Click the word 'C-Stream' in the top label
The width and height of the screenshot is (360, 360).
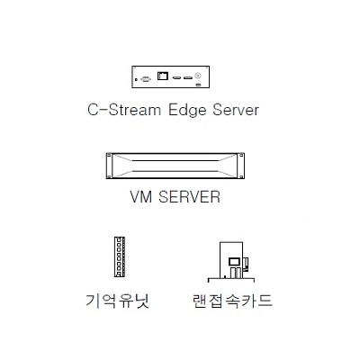[124, 110]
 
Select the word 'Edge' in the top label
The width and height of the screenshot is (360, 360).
[187, 111]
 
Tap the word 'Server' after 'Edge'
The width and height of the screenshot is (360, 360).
[236, 110]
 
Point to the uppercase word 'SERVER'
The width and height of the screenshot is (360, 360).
[189, 197]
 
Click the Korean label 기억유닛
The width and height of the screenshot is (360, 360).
[118, 301]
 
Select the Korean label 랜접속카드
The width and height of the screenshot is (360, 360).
[232, 301]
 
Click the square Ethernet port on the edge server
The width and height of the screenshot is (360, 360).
[163, 76]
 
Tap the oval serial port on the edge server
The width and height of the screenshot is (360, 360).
[146, 79]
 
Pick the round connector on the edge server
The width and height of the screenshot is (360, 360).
[198, 76]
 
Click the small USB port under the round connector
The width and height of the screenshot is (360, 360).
[198, 85]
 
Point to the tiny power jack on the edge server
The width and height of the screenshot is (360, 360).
[136, 79]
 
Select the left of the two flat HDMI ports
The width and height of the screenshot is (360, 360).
[176, 78]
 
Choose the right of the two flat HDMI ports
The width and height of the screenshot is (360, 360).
[188, 78]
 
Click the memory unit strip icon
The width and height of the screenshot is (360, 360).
[120, 256]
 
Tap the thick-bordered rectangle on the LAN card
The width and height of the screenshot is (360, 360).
[233, 262]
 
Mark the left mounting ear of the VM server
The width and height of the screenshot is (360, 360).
[109, 166]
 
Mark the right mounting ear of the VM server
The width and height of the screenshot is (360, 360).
[241, 166]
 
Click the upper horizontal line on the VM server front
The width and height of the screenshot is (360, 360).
[175, 161]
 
